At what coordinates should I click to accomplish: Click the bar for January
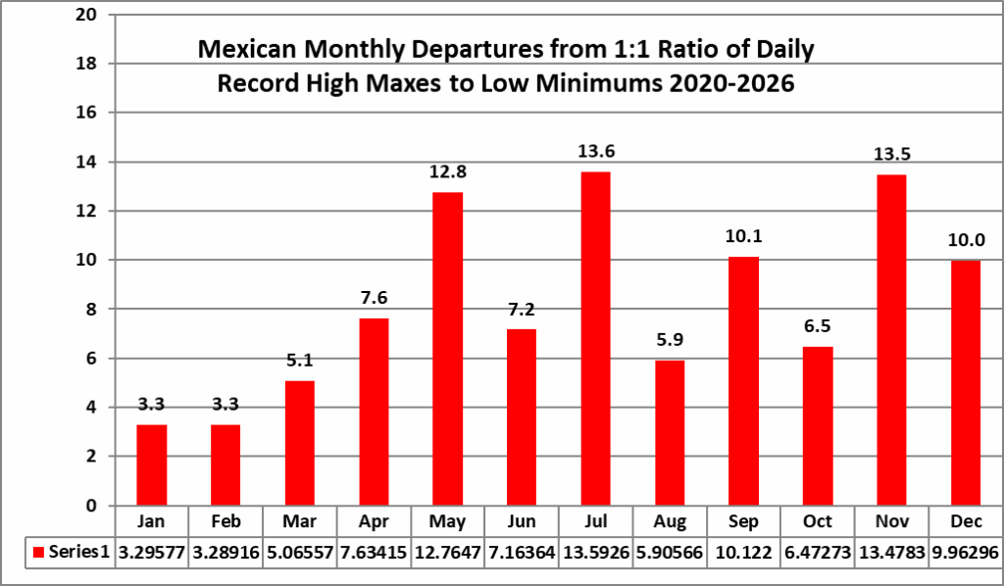(151, 464)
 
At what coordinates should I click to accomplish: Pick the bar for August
(670, 432)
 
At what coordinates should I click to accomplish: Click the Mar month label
(299, 521)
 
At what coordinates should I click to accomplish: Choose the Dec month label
(966, 521)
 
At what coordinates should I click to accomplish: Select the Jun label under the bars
(522, 521)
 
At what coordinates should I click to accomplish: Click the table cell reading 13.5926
(595, 552)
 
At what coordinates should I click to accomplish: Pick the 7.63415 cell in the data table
(373, 552)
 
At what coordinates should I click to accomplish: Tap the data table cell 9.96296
(966, 552)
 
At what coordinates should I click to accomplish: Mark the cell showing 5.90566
(670, 552)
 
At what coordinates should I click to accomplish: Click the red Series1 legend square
(37, 552)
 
